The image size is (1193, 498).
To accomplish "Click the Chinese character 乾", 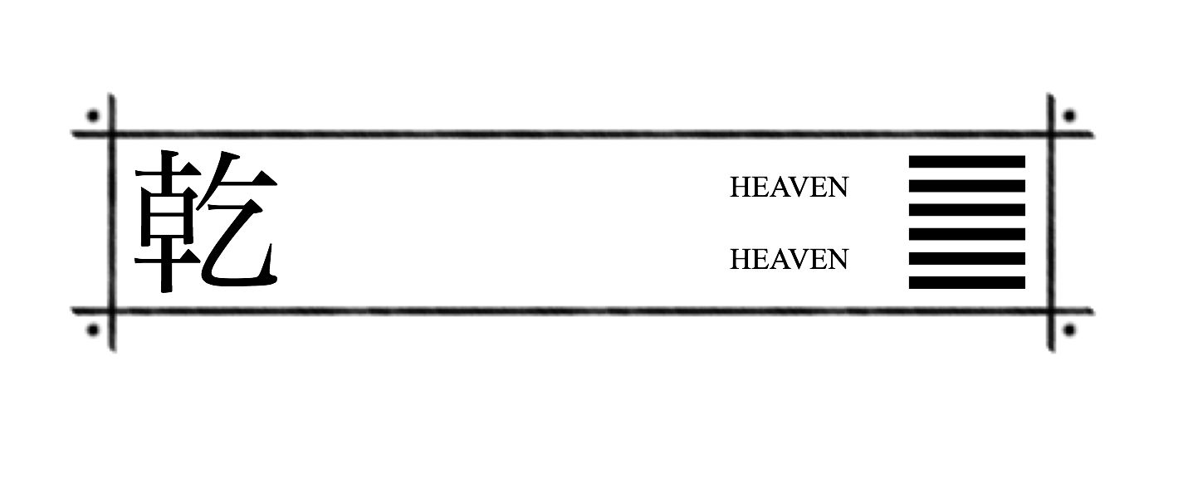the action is (x=206, y=222).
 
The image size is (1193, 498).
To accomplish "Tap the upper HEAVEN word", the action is (x=789, y=188).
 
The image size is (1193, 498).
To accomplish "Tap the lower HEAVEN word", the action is (x=789, y=260).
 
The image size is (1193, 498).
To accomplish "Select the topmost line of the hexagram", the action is (x=966, y=162).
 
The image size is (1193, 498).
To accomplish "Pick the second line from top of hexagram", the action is (x=966, y=186).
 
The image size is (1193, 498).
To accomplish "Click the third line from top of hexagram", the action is (x=966, y=210).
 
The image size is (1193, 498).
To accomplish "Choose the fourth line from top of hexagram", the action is (x=966, y=234).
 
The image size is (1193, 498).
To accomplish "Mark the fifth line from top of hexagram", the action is (x=966, y=258).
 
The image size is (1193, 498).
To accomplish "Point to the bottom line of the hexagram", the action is (x=966, y=283).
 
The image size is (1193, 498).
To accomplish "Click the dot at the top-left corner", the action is (x=93, y=115).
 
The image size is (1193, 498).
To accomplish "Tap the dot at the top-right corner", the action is (x=1069, y=115).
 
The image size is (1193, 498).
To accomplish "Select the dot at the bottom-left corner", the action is (x=93, y=330).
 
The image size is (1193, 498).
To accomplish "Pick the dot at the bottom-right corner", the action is (x=1069, y=330).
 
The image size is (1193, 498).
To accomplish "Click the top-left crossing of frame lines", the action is (x=112, y=134).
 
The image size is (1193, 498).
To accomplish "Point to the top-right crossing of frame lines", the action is (x=1051, y=134).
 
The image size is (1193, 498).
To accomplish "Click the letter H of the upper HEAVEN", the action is (x=739, y=188).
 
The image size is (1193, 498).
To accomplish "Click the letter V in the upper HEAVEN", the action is (x=801, y=188).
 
